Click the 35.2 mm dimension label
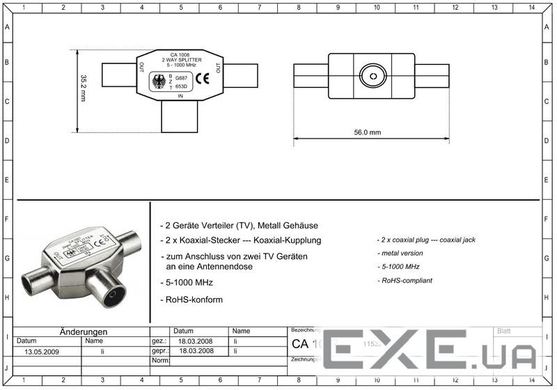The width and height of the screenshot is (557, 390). [x=82, y=88]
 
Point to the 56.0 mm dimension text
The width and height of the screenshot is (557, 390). [x=370, y=132]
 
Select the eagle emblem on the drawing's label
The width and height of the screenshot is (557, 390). [x=159, y=82]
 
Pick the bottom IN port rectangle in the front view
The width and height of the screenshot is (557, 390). [x=181, y=116]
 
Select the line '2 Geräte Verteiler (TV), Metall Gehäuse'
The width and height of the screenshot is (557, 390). [x=240, y=226]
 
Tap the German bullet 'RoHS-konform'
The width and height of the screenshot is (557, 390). [x=194, y=299]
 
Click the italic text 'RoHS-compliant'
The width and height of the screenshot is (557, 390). [x=405, y=281]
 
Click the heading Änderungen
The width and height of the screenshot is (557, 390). [x=83, y=331]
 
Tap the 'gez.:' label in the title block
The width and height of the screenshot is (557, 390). [x=159, y=341]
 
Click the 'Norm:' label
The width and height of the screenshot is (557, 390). [x=160, y=361]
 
